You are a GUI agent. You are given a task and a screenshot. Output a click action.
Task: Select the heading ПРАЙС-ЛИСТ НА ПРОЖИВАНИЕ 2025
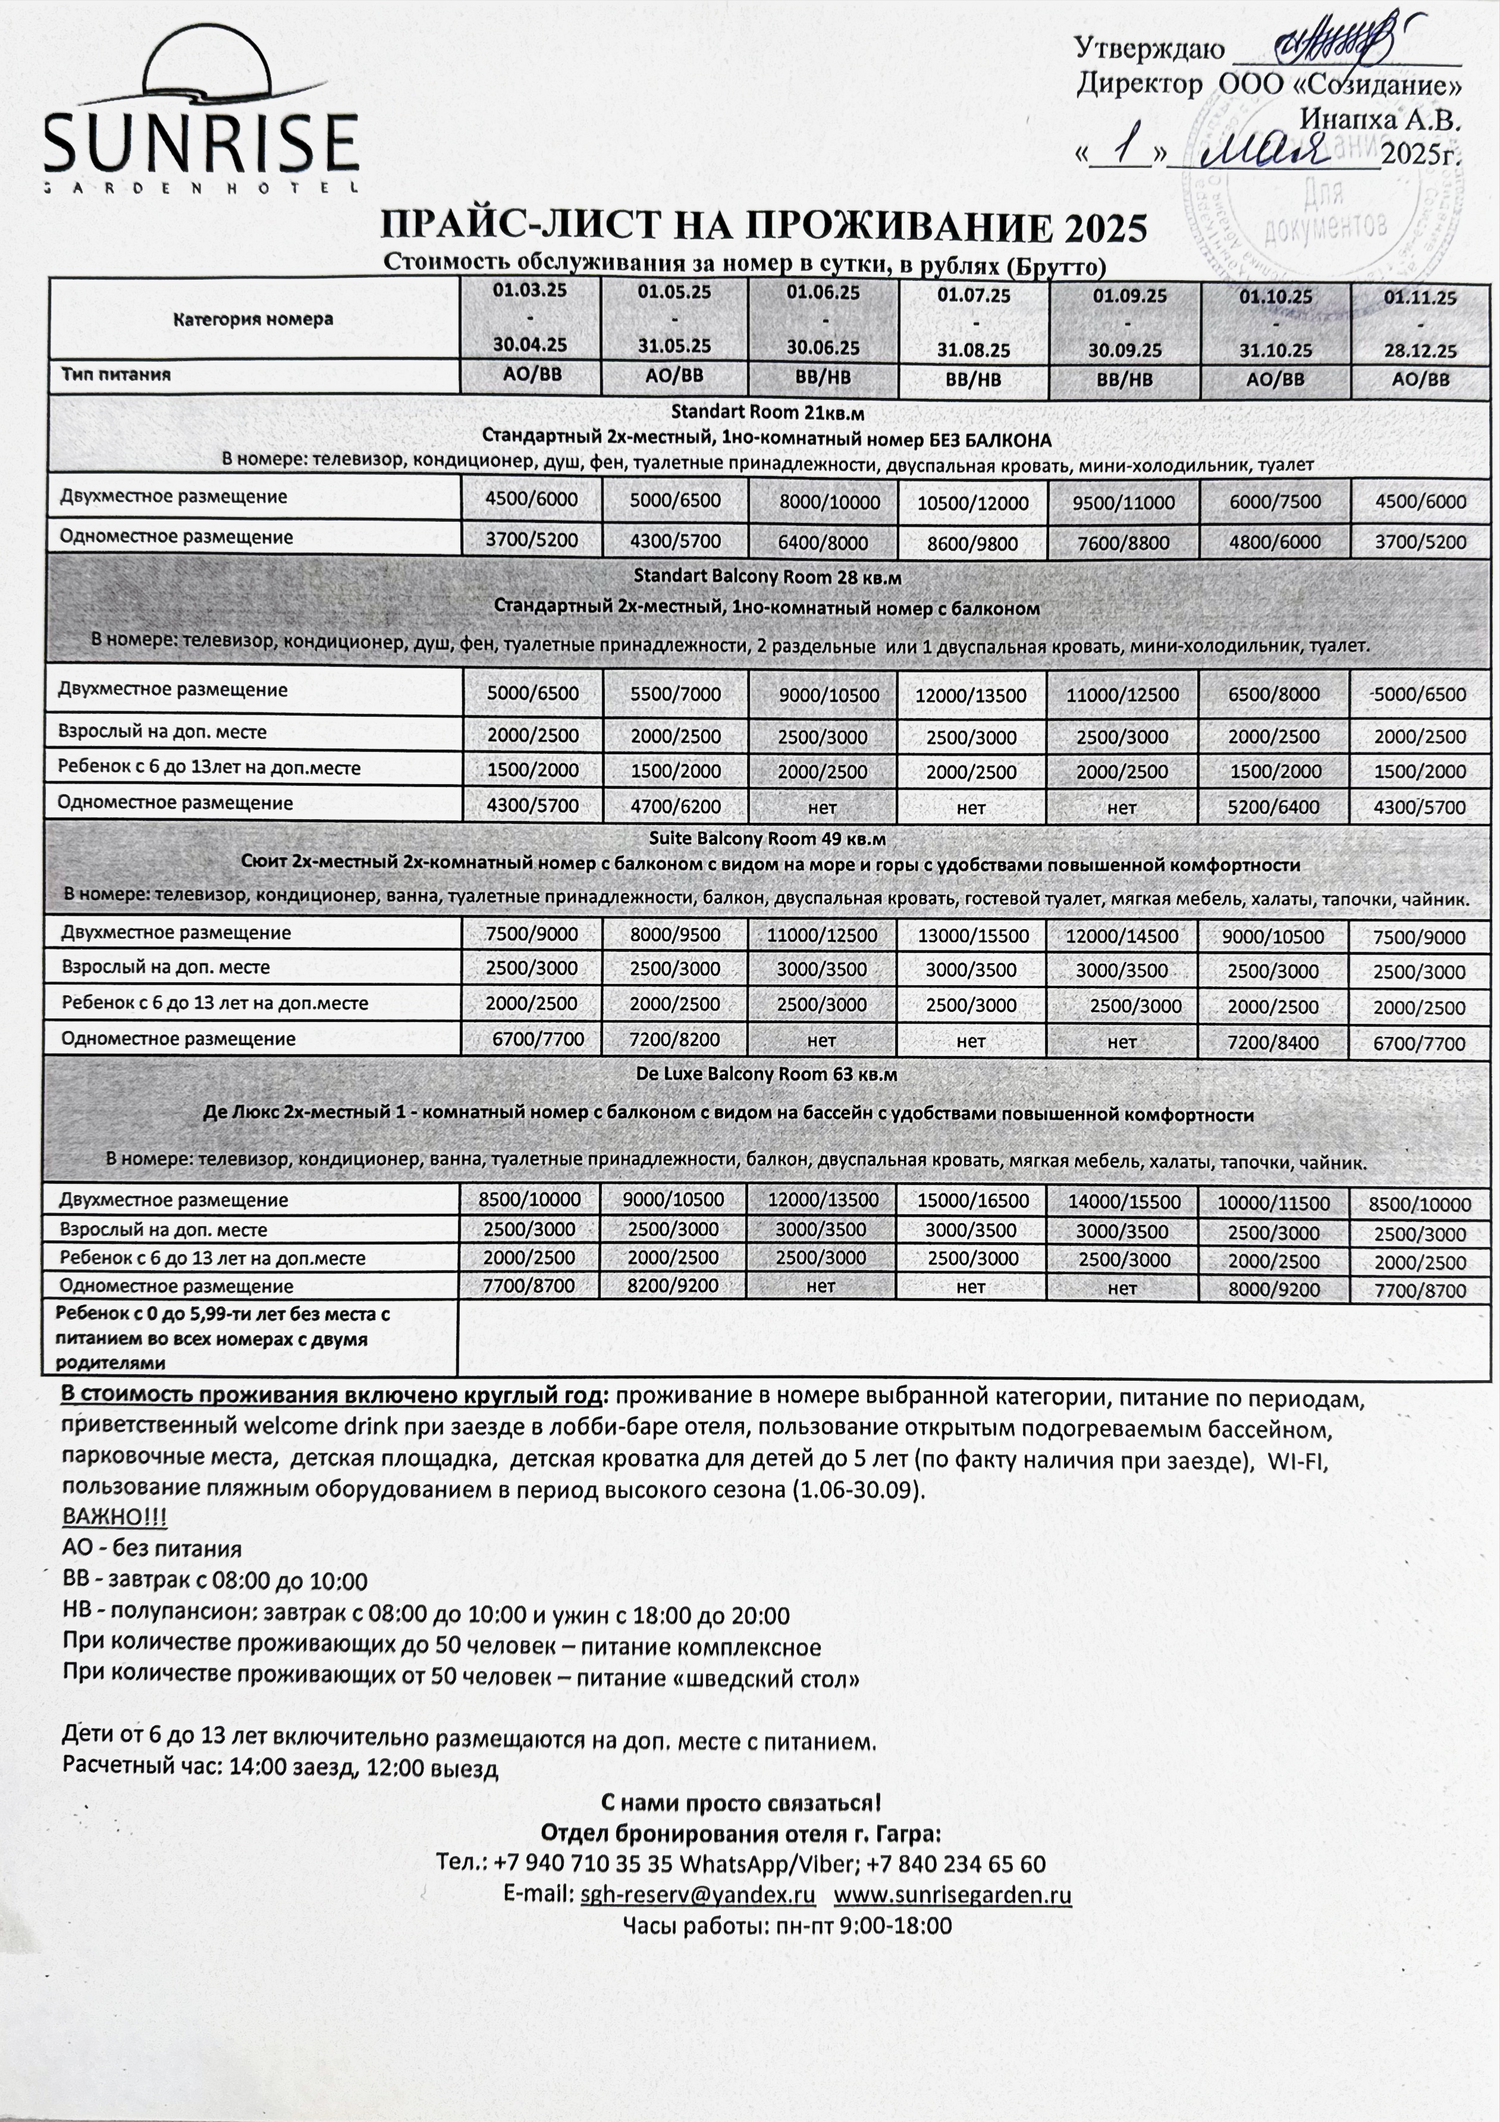pyautogui.click(x=764, y=227)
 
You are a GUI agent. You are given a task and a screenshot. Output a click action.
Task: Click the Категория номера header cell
pyautogui.click(x=253, y=319)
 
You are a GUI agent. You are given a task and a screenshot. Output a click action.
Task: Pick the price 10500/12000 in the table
pyautogui.click(x=972, y=503)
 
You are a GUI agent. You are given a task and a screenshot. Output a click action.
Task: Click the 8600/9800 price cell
pyautogui.click(x=972, y=544)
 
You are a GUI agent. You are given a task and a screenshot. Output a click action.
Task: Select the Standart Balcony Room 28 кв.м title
pyautogui.click(x=767, y=576)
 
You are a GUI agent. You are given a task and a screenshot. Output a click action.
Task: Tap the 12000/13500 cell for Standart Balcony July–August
pyautogui.click(x=971, y=695)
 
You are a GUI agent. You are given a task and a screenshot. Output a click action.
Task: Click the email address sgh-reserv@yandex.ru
pyautogui.click(x=698, y=1895)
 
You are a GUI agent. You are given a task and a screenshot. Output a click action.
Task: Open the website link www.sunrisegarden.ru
pyautogui.click(x=952, y=1895)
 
